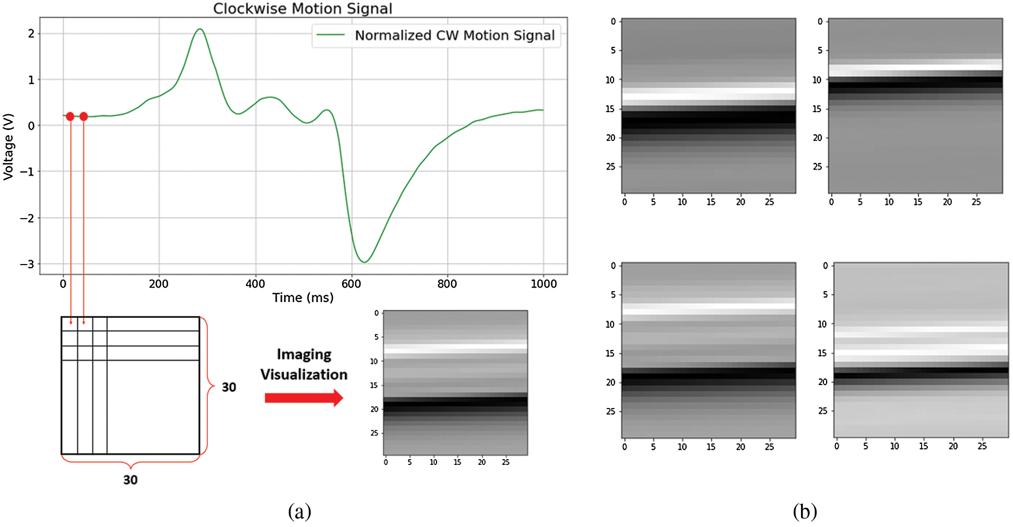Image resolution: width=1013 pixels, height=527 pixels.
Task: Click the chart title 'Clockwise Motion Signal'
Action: point(302,8)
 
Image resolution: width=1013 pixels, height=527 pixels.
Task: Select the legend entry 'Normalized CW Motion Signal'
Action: point(454,35)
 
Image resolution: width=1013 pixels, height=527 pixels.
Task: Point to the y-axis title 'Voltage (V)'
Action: point(8,147)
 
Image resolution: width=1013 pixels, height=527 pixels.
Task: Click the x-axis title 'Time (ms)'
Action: point(302,297)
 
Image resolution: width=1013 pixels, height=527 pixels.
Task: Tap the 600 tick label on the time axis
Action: point(351,284)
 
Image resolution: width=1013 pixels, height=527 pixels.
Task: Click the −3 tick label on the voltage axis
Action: point(27,264)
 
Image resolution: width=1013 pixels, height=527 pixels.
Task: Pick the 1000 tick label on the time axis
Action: point(544,284)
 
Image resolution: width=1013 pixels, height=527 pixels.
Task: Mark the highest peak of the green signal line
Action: point(199,29)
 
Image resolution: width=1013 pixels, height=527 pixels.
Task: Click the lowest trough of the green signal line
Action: point(364,262)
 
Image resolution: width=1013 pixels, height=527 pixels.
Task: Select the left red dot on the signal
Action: point(70,116)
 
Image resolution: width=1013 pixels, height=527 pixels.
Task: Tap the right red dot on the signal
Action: point(84,116)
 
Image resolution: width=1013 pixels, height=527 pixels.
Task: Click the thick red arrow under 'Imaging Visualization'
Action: point(303,398)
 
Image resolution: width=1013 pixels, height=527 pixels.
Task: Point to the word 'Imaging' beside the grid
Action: point(304,354)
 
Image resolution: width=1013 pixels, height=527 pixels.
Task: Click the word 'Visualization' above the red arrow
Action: point(304,375)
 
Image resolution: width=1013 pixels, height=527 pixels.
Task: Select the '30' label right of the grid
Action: point(229,387)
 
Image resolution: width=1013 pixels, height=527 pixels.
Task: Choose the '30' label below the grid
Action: point(131,480)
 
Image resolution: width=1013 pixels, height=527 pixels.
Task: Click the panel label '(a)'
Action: point(299,511)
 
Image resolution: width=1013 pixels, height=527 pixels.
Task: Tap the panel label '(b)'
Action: point(805,511)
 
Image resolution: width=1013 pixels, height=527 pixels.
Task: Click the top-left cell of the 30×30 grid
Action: point(69,324)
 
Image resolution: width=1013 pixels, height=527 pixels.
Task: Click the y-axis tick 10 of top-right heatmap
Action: point(817,80)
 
